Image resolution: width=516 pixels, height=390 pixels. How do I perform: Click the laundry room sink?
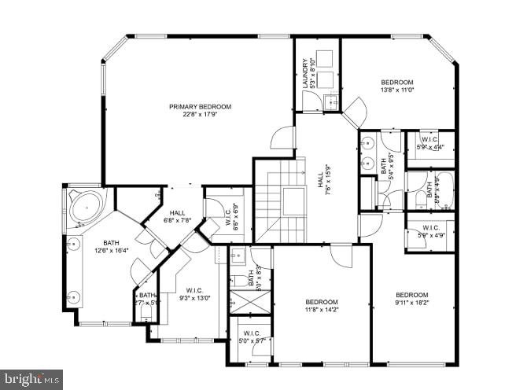coord(330,101)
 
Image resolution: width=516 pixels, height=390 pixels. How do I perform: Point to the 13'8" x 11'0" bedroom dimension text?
coord(396,90)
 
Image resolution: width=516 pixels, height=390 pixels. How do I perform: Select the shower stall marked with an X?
coord(249,301)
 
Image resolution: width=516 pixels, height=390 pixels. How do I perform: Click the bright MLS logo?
coord(31,379)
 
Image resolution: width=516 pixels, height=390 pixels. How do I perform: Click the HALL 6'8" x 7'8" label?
coord(176,216)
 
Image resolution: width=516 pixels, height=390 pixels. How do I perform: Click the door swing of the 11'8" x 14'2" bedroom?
coord(341,255)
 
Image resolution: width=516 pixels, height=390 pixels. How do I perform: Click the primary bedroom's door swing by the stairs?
coord(283,138)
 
